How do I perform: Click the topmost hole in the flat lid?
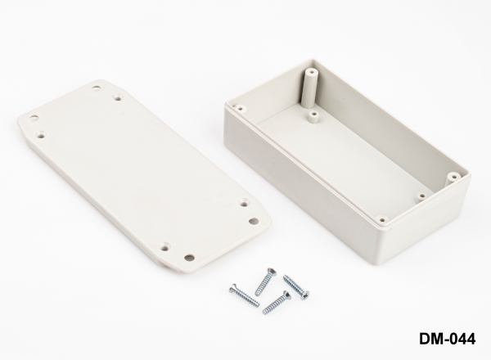coord(97,88)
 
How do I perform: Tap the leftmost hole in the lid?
coord(34,119)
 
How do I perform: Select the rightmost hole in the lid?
coord(253,221)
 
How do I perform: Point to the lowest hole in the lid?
coord(189,258)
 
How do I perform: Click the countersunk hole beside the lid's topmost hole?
coord(118,98)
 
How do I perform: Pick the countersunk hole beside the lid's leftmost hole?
coord(40,135)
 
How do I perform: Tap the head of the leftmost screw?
coord(233,289)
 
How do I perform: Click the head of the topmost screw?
coord(272,272)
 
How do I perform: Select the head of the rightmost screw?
coord(304,295)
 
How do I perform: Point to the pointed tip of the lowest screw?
coord(264,312)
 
